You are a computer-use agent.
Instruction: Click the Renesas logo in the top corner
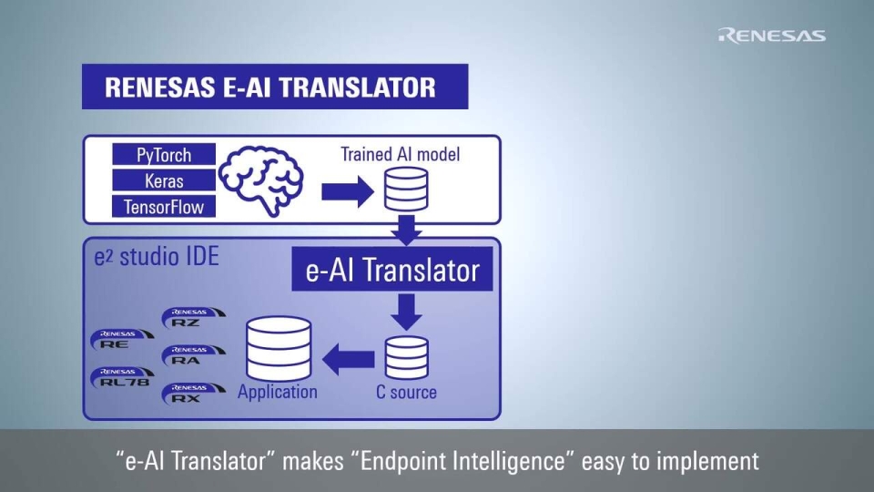coord(772,36)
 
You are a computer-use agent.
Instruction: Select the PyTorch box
coord(164,155)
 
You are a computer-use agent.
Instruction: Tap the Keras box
coord(164,180)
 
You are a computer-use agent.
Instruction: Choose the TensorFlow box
coord(164,207)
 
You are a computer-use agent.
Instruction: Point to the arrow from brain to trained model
coord(347,191)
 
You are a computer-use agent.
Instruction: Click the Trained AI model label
coord(401,154)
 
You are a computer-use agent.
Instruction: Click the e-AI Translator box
coord(392,271)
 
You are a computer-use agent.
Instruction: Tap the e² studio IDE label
coord(157,258)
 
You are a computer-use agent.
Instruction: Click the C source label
coord(406,393)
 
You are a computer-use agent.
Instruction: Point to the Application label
coord(278,393)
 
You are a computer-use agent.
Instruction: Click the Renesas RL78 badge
coord(122,377)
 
